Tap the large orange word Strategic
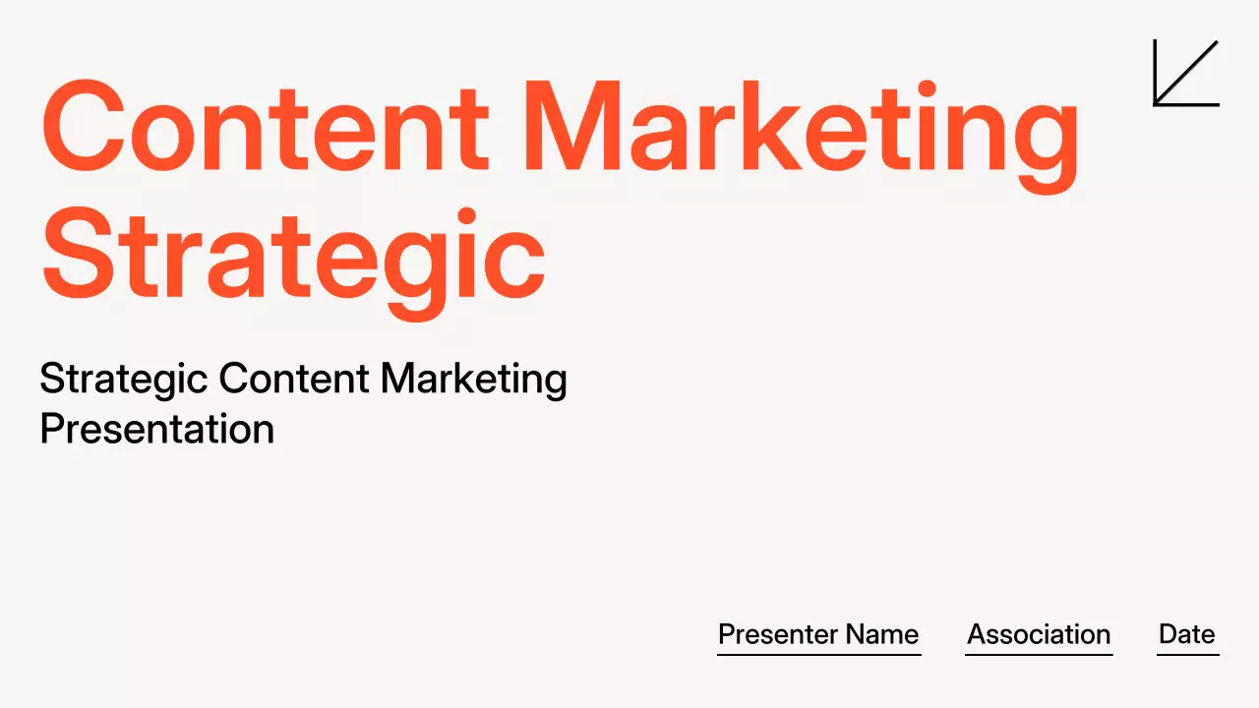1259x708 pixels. click(292, 254)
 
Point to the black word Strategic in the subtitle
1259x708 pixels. click(122, 380)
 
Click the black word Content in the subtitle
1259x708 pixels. click(293, 380)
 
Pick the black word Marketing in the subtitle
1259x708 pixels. click(473, 380)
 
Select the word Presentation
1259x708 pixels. click(156, 430)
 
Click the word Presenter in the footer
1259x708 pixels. click(776, 634)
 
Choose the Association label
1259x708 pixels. click(1039, 634)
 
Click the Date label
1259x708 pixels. click(1187, 634)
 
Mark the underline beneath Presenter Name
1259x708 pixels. click(818, 654)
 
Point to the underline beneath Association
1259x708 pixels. click(1039, 654)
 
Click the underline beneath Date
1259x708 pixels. click(1187, 654)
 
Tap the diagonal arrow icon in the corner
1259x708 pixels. click(1186, 73)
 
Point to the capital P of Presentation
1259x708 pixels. click(51, 430)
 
